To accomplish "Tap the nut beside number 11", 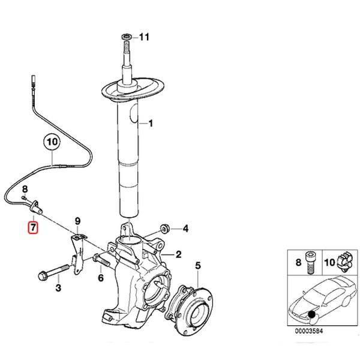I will (x=127, y=37).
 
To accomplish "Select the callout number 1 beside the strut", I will (x=151, y=124).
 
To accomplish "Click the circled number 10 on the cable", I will (x=52, y=143).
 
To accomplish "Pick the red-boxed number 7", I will (x=34, y=227).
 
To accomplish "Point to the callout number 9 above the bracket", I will (x=77, y=221).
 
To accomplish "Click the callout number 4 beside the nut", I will (x=185, y=228).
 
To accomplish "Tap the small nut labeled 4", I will (x=166, y=228).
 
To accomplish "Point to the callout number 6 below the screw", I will (x=100, y=277).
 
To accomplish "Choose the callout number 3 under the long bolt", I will (x=58, y=289).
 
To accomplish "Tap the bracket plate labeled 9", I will (x=76, y=252).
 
